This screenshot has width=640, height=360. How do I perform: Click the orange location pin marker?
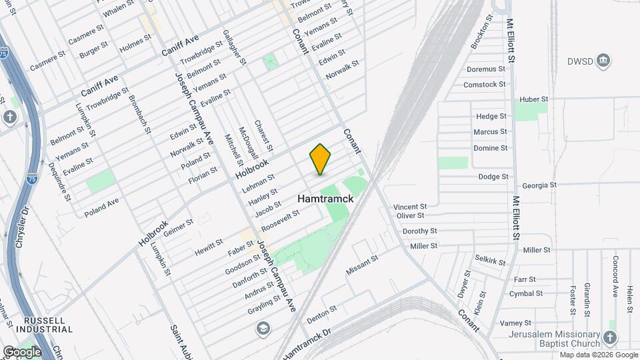pos(321,159)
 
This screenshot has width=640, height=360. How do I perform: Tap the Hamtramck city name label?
pos(325,199)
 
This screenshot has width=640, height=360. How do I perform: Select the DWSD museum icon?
pos(603,61)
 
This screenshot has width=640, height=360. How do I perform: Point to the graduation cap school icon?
pos(263,328)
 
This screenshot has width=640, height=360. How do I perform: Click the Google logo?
pos(22,351)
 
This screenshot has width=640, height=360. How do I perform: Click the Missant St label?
pos(362,265)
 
